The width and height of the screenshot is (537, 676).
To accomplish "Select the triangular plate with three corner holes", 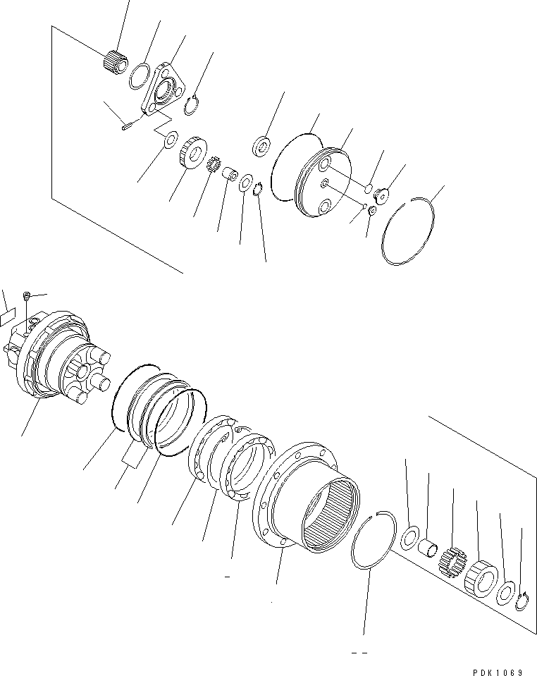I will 162,90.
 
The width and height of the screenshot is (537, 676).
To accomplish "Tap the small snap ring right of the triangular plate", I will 190,107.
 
